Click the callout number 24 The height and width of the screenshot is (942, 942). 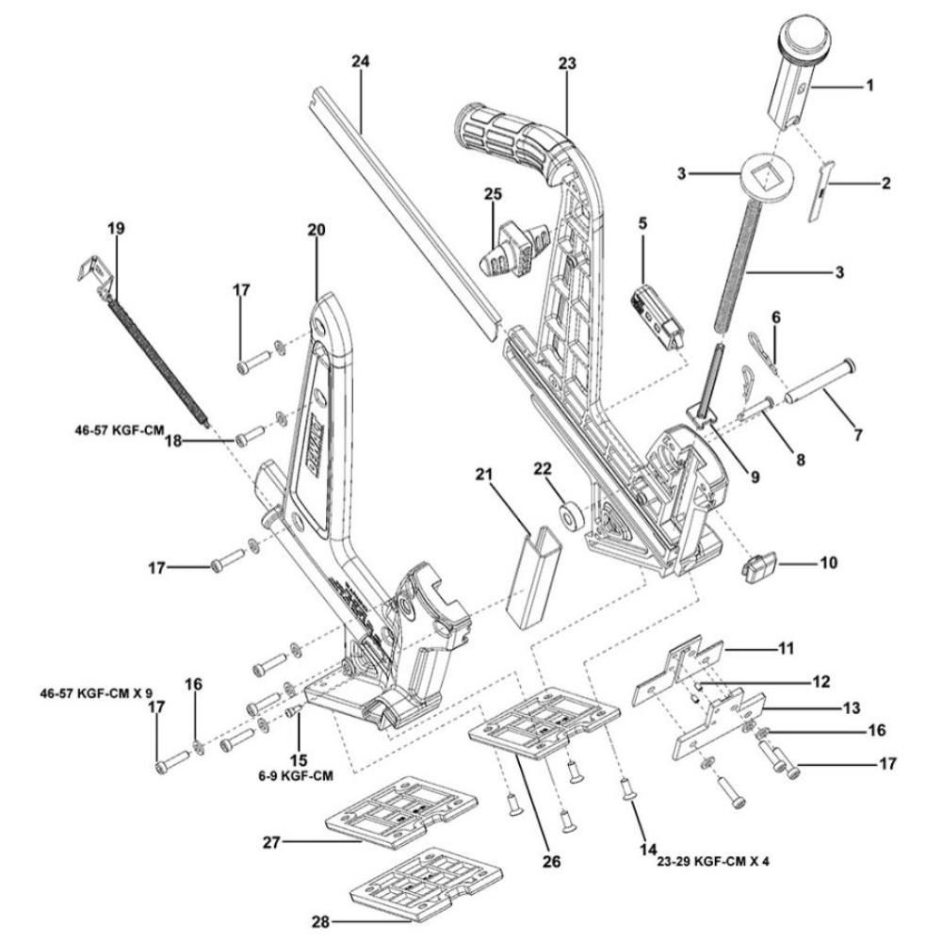(360, 62)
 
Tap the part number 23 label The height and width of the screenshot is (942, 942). (565, 63)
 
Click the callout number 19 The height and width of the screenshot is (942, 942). (116, 228)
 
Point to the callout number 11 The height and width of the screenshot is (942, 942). (785, 649)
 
